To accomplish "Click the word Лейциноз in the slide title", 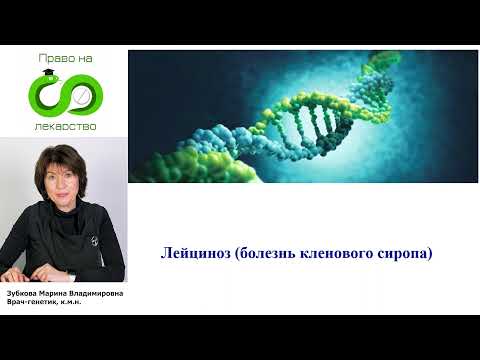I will [x=193, y=255].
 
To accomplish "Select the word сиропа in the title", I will [x=402, y=255].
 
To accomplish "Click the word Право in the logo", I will [x=51, y=60].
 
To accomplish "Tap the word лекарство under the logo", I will [x=67, y=128].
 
